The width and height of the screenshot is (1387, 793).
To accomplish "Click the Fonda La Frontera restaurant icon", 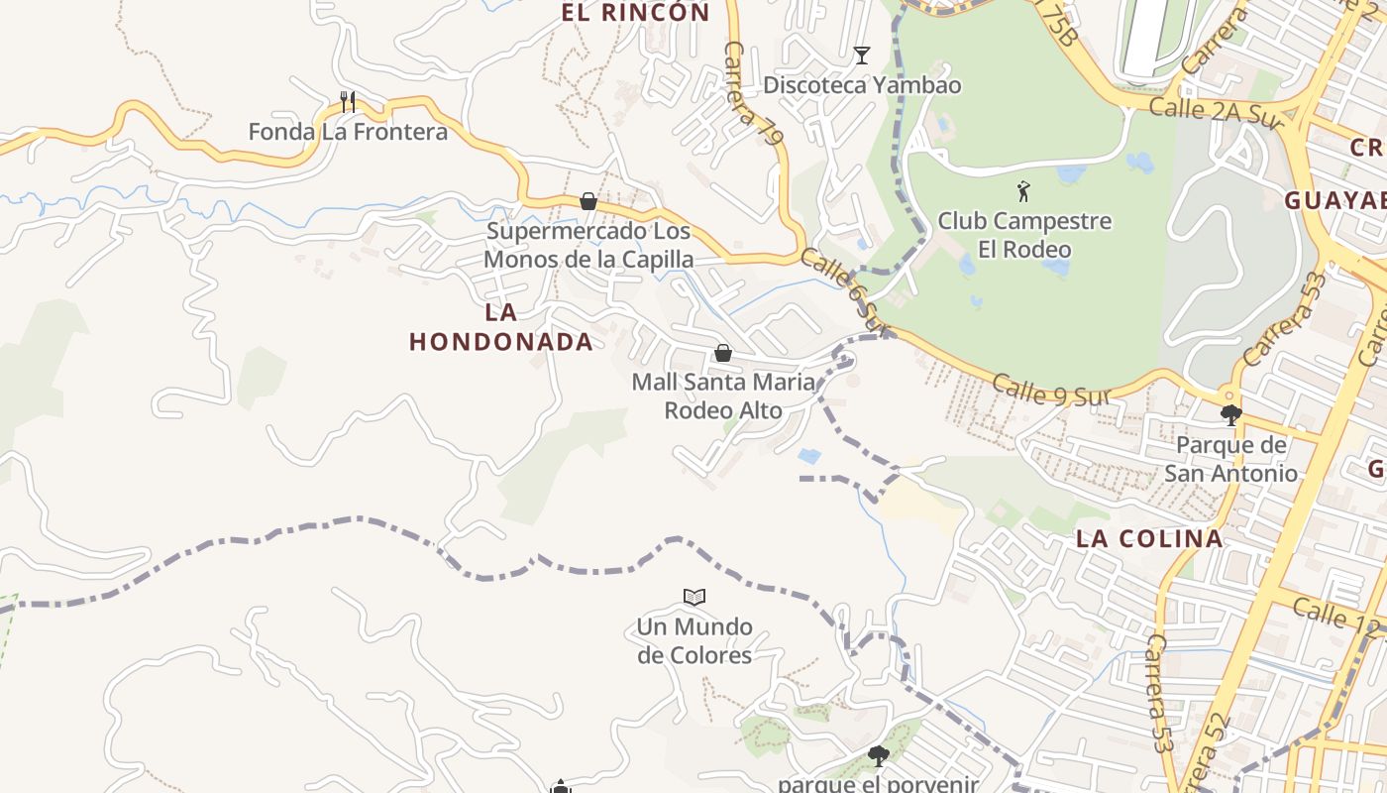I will click(x=347, y=101).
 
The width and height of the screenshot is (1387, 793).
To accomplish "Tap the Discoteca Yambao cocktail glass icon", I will click(x=862, y=56).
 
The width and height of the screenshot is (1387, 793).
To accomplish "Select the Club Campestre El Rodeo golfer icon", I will click(x=1023, y=190).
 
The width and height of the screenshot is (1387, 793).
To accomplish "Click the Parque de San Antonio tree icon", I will click(x=1230, y=414).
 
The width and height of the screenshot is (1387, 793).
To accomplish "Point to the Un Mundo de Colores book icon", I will click(x=694, y=597).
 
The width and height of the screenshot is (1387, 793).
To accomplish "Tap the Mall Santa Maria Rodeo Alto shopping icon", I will click(x=723, y=353).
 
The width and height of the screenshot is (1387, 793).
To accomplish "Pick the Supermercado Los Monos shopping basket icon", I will click(x=588, y=201).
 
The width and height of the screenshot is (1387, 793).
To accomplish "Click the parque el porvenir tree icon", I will click(x=878, y=756).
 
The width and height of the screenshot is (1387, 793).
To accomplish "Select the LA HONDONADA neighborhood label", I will click(x=501, y=327).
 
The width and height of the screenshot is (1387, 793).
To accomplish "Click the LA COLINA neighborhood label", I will click(x=1149, y=539).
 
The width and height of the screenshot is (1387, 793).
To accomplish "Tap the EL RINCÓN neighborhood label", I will click(x=635, y=13).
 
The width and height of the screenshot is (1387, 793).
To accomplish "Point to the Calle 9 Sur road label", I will click(x=1048, y=390).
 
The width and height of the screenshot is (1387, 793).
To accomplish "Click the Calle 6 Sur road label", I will click(x=840, y=288).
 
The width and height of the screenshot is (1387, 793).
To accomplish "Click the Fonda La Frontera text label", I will click(x=348, y=132).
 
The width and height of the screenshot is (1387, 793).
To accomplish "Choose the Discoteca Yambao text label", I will click(x=862, y=85).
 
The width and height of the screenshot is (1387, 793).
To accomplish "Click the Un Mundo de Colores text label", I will click(x=694, y=640).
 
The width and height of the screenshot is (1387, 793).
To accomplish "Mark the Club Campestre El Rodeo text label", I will click(x=1024, y=234).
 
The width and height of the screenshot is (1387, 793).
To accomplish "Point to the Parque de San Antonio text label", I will click(x=1230, y=459).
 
